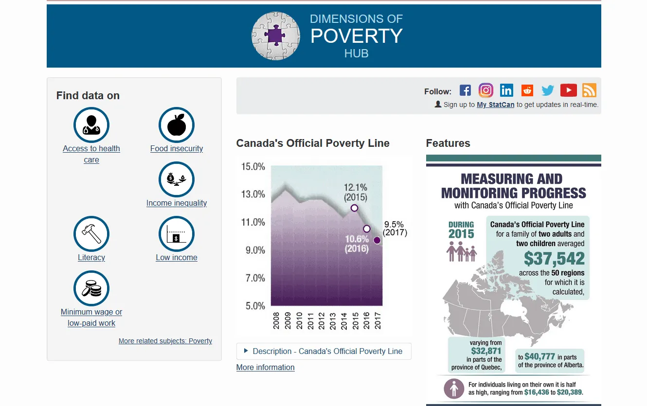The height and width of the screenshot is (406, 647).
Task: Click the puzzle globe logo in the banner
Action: pyautogui.click(x=276, y=36)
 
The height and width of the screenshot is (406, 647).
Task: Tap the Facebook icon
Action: pyautogui.click(x=465, y=90)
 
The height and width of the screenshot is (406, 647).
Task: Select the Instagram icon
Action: pyautogui.click(x=485, y=90)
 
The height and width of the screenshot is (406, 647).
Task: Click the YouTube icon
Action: pyautogui.click(x=568, y=90)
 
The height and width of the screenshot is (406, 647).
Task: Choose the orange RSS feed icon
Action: pyautogui.click(x=589, y=90)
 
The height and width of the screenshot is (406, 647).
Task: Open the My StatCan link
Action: pyautogui.click(x=495, y=105)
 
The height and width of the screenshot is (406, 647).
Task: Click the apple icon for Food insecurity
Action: pyautogui.click(x=177, y=125)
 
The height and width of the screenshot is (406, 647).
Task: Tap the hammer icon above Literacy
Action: pyautogui.click(x=91, y=234)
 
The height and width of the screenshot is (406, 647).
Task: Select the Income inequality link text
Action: pyautogui.click(x=177, y=203)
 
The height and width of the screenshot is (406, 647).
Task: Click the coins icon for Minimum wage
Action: pyautogui.click(x=91, y=288)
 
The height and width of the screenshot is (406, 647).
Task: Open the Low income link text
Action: pyautogui.click(x=177, y=258)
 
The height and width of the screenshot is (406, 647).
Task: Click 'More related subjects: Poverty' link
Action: pyautogui.click(x=165, y=341)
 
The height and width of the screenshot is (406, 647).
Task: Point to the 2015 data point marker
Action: pyautogui.click(x=354, y=208)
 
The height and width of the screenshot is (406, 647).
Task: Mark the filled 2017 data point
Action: pyautogui.click(x=377, y=240)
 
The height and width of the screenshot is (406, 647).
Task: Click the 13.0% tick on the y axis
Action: pyautogui.click(x=253, y=194)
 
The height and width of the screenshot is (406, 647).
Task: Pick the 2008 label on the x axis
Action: pyautogui.click(x=276, y=321)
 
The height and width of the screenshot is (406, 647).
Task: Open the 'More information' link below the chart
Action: pyautogui.click(x=265, y=368)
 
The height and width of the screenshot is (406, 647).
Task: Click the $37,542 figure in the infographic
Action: pyautogui.click(x=554, y=259)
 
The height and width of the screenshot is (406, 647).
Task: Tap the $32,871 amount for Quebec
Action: pyautogui.click(x=486, y=351)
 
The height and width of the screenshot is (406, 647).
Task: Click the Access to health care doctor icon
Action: pyautogui.click(x=91, y=125)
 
